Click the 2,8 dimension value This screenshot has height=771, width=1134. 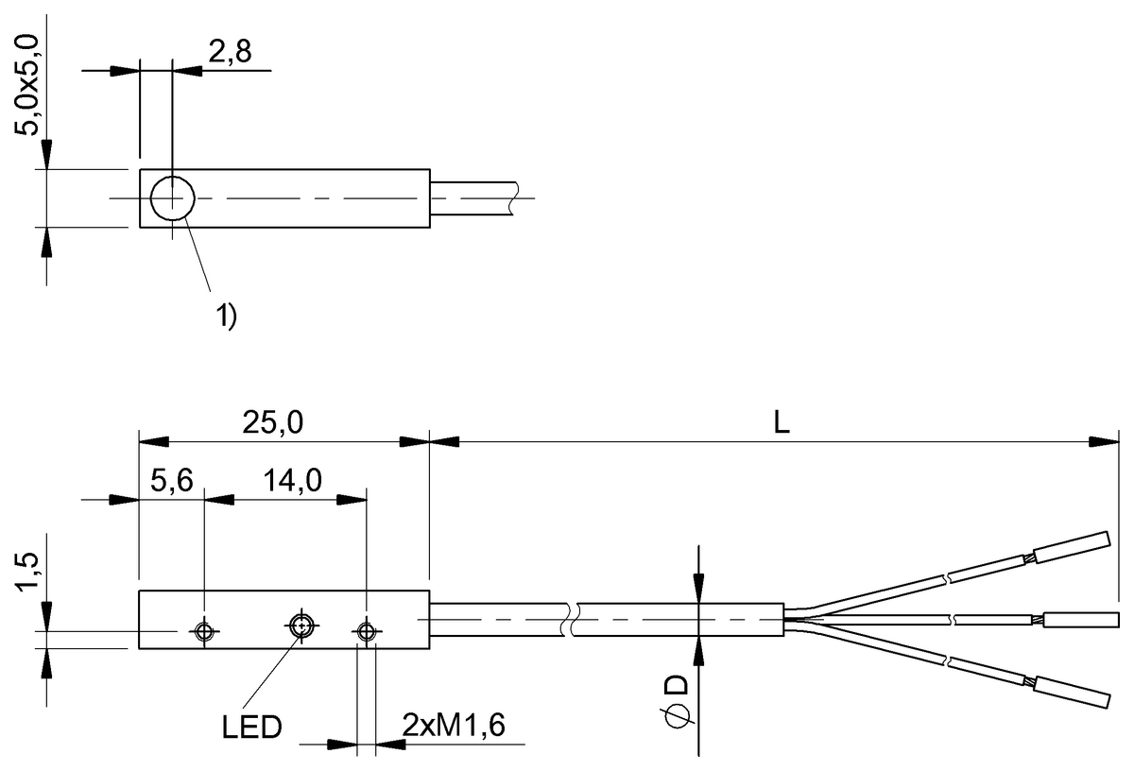[229, 54]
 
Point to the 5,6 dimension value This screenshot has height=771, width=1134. [172, 482]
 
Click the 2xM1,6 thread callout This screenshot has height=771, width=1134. [454, 727]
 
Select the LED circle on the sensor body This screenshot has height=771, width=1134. [301, 625]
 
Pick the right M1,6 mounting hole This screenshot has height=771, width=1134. [366, 631]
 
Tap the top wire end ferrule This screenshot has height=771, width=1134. [1071, 547]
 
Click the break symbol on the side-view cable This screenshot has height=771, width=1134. [569, 621]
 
